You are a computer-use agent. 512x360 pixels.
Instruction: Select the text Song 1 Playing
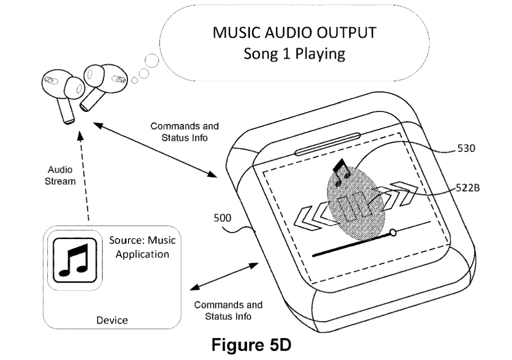294,53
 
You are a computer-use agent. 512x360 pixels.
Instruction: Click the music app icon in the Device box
74,259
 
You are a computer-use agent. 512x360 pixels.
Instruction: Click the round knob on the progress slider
393,232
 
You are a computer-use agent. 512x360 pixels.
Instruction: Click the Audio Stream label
60,175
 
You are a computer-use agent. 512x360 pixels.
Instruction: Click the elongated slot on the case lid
327,143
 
